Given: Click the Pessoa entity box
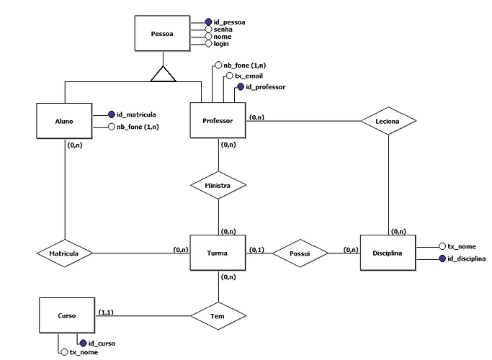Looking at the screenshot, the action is [x=162, y=33].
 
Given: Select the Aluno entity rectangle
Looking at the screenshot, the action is [x=64, y=121].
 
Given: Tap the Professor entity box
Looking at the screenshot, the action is [x=218, y=120].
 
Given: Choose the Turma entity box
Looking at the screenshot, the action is [x=218, y=253].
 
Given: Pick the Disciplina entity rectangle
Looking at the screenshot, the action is [x=388, y=253].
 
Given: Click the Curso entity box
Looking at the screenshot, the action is [x=67, y=315].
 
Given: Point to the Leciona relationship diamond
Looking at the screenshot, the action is [x=388, y=121].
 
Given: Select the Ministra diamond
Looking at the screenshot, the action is [x=218, y=185].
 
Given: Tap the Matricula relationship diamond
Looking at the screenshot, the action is [x=65, y=253].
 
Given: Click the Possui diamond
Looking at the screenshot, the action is [x=300, y=253].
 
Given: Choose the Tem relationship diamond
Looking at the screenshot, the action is [x=218, y=316].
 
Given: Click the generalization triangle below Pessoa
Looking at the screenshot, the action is [x=164, y=74].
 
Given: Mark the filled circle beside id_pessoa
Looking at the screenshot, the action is [x=208, y=22].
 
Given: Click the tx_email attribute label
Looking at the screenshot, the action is [x=249, y=76].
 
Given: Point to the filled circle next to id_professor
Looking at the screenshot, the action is [x=241, y=87].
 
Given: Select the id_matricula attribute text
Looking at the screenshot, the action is [x=136, y=114].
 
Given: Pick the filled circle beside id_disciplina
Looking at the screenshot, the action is [x=442, y=258].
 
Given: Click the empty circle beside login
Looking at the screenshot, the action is [x=208, y=44].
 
